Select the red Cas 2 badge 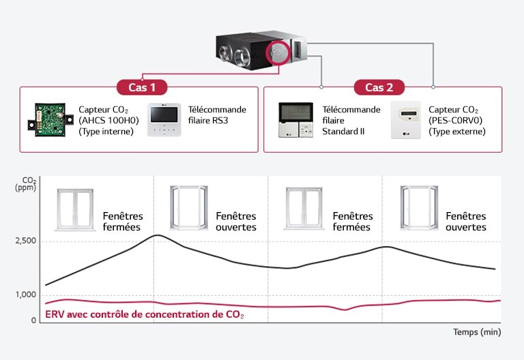(379, 87)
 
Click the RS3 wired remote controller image (164, 120)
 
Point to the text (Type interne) (106, 132)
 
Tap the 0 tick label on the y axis (33, 320)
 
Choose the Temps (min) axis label (477, 332)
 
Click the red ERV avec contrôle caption (144, 315)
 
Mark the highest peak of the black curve (158, 235)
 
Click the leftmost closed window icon (75, 209)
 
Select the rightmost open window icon (414, 208)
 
